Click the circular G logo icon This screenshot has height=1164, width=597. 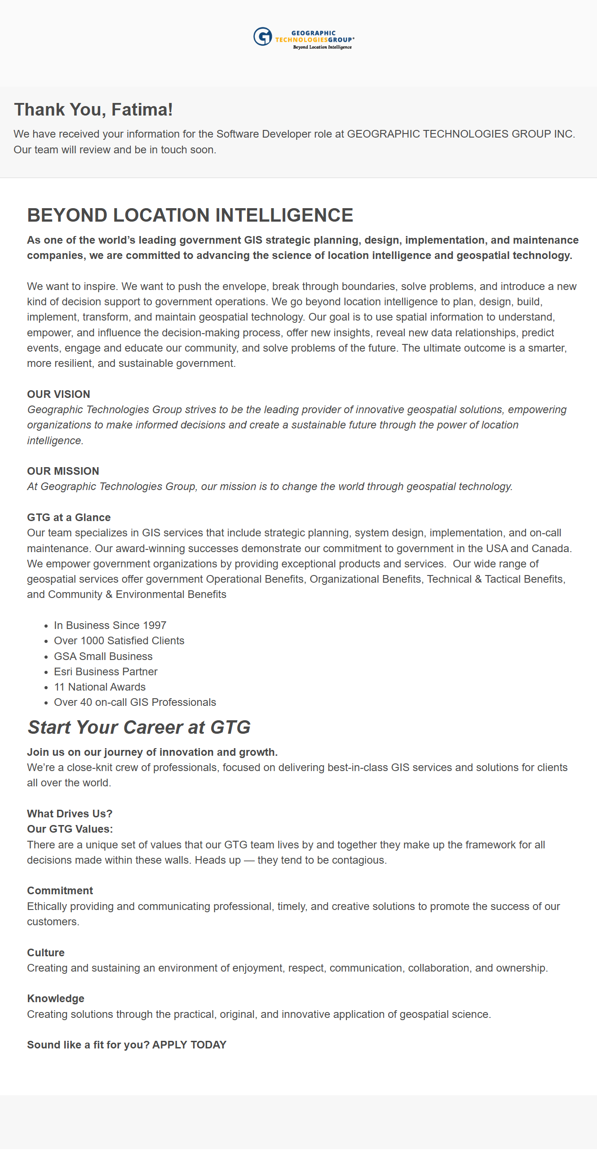click(262, 36)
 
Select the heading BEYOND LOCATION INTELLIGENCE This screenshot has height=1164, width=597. click(190, 215)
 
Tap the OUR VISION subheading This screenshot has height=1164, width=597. click(58, 394)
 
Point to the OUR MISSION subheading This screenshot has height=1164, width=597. click(63, 471)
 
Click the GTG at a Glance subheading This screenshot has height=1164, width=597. click(69, 517)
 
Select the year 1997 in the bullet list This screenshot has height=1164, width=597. click(154, 625)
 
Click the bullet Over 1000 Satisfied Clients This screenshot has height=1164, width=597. click(119, 641)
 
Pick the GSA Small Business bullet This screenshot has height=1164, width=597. click(103, 656)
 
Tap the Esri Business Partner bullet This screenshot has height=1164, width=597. click(105, 671)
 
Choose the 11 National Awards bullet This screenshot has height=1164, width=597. click(99, 687)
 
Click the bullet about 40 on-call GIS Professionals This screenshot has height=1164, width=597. click(135, 702)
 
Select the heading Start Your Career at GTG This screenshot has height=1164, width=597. click(139, 727)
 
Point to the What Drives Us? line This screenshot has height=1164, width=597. click(70, 814)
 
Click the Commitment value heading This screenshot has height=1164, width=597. click(60, 891)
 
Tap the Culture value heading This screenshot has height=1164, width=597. click(46, 953)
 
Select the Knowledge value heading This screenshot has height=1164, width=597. click(56, 999)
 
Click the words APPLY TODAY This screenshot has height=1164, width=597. click(189, 1045)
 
